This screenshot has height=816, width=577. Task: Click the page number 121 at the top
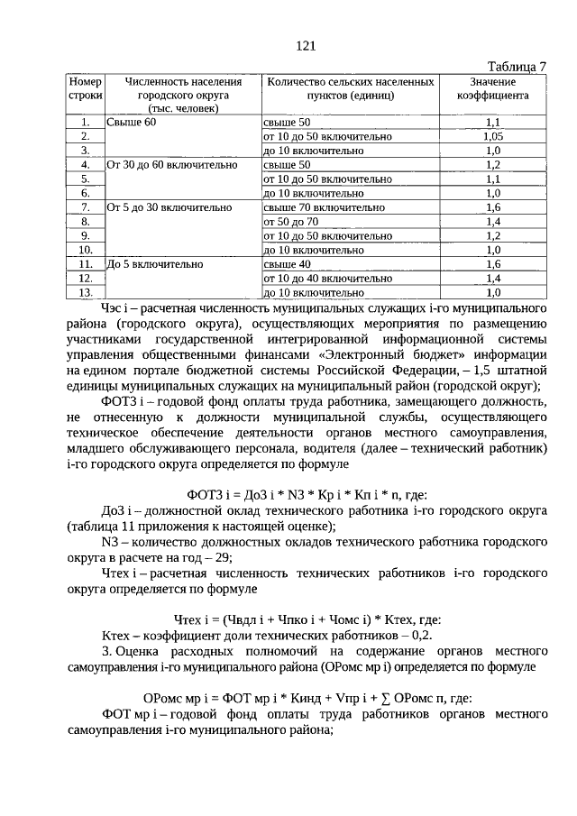[304, 46]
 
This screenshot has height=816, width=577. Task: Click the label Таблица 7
[516, 67]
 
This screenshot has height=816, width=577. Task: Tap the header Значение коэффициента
[492, 87]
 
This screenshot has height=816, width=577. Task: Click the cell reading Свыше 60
[133, 122]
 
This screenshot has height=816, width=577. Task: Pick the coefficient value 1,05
[492, 136]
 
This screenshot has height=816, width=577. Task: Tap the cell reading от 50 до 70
[290, 221]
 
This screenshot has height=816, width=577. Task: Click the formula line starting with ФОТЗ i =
[307, 494]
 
